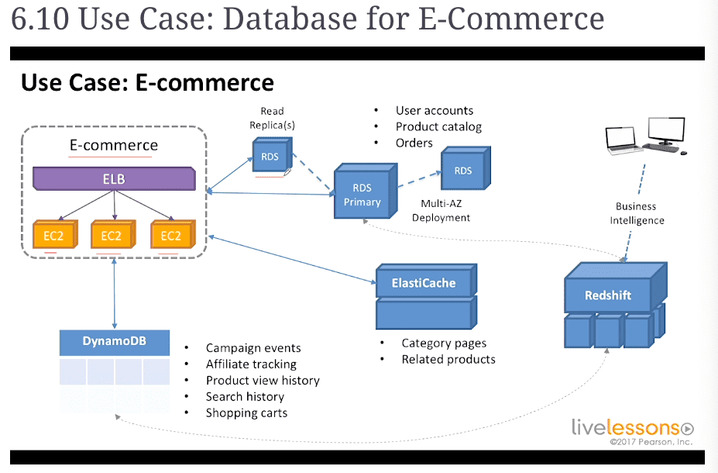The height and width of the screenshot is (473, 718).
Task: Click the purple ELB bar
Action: (x=114, y=178)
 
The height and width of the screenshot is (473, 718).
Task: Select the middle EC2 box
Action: (x=112, y=234)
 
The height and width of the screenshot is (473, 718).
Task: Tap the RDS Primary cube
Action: (x=365, y=191)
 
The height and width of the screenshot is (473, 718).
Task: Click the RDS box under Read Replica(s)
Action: (x=272, y=155)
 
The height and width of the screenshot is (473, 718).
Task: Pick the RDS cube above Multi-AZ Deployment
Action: (x=465, y=168)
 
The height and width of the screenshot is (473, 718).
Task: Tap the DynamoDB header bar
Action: (x=115, y=342)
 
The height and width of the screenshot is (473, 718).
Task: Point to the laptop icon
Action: (x=622, y=140)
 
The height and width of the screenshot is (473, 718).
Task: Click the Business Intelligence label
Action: (x=637, y=213)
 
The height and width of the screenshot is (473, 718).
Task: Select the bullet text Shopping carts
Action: (x=246, y=413)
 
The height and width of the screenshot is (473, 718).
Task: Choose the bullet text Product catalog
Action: (x=438, y=127)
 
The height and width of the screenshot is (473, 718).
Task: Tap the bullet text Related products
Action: (x=448, y=359)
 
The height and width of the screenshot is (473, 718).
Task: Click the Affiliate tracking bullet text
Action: (x=251, y=364)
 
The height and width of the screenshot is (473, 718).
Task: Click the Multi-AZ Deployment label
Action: (x=441, y=210)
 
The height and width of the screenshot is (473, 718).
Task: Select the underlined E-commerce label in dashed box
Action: (x=114, y=145)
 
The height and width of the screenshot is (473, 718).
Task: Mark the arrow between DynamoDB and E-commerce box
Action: (x=114, y=293)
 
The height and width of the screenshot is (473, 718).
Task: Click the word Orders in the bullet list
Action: (x=414, y=143)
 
